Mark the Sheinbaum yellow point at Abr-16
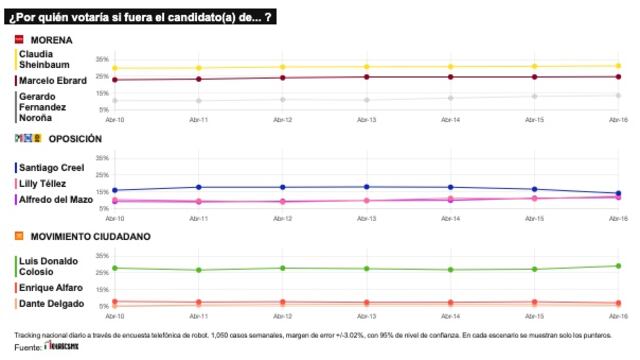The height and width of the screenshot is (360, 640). click(x=619, y=66)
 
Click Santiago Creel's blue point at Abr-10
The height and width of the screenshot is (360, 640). click(x=115, y=190)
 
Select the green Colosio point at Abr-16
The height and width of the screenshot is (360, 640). click(x=619, y=266)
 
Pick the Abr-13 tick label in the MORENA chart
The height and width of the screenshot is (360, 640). click(x=367, y=119)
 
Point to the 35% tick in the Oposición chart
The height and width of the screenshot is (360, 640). click(x=101, y=158)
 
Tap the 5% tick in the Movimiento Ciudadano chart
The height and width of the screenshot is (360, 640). click(x=102, y=306)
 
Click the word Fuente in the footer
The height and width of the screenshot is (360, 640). click(x=27, y=347)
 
